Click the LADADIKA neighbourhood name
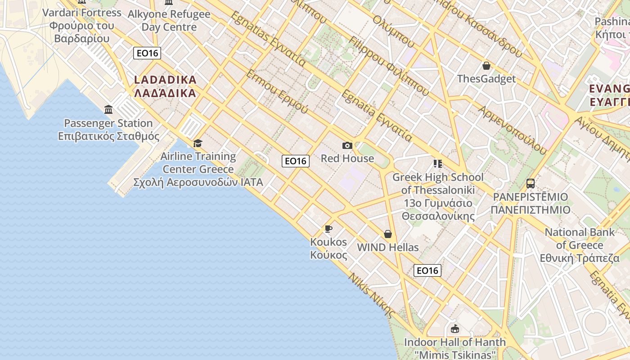[x=166, y=86]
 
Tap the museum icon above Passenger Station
[x=108, y=109]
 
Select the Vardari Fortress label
[x=82, y=25]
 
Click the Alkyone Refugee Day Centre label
[x=169, y=20]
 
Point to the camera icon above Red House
[x=347, y=145]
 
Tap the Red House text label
[x=347, y=158]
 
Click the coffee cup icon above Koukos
[x=328, y=229]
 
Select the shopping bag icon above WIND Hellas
[x=388, y=234]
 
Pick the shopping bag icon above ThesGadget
[x=486, y=66]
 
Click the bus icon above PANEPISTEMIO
[x=531, y=184]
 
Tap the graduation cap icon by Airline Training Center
[x=198, y=144]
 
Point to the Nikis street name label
[x=372, y=295]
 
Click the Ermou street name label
[x=277, y=92]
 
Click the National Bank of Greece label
[x=580, y=245]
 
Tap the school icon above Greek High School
[x=437, y=164]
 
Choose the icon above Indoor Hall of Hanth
[x=455, y=329]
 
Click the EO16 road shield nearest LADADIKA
[x=147, y=53]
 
